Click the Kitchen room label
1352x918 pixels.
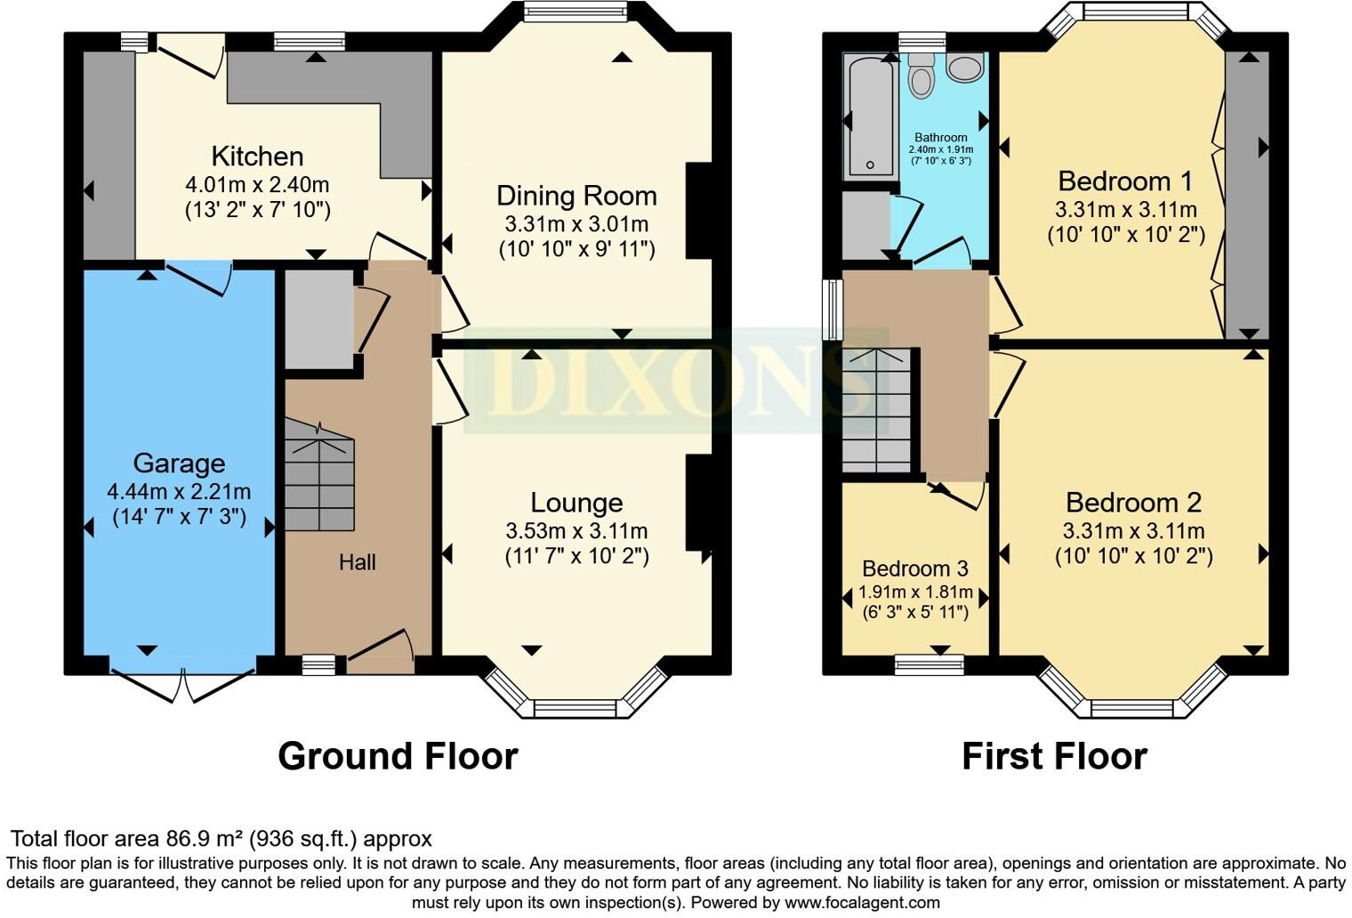tap(257, 157)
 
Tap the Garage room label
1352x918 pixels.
tap(179, 463)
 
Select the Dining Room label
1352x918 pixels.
tap(576, 196)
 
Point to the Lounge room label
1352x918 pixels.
tap(576, 503)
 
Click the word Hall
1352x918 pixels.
tap(357, 562)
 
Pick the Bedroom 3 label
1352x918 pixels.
tap(915, 568)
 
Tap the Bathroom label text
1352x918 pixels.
tap(940, 137)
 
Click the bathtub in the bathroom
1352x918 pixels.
tap(869, 116)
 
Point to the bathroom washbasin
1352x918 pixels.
tap(965, 68)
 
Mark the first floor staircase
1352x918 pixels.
tap(877, 411)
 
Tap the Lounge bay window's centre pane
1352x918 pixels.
tap(574, 709)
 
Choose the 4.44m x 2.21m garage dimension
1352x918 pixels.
tap(179, 491)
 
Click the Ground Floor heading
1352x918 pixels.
tap(398, 756)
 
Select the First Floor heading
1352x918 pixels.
tap(1054, 756)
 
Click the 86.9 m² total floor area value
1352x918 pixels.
tap(205, 839)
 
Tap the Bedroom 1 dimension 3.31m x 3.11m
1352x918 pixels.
tap(1125, 210)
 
